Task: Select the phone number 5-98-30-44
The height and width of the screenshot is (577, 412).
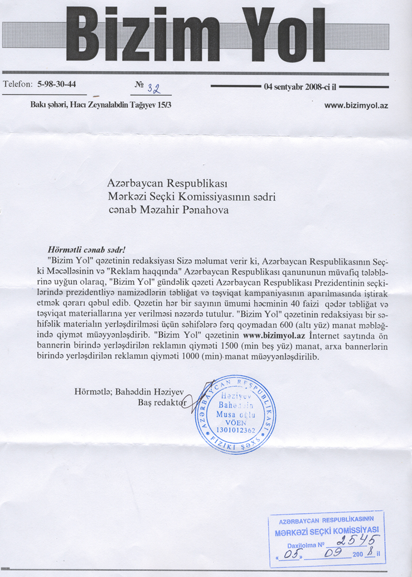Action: click(x=56, y=85)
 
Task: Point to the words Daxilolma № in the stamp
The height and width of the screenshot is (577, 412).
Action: click(x=304, y=545)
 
